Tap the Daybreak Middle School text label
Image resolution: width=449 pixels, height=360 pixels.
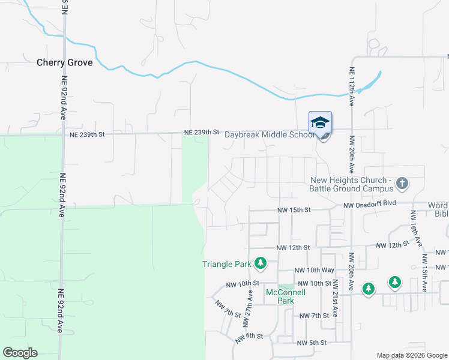269,134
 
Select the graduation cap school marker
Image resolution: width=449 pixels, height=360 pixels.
320,123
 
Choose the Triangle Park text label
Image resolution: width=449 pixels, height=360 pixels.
226,264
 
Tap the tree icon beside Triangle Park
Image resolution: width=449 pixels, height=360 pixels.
261,263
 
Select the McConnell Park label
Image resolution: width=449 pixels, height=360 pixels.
286,296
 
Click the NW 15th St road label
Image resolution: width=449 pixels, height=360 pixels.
293,210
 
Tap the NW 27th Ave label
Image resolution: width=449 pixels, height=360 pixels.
247,308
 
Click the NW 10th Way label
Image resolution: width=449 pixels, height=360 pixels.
315,271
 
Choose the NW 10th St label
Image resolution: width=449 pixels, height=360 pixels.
243,283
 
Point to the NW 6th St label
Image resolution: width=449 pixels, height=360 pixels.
249,337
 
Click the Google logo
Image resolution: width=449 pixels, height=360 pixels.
20,353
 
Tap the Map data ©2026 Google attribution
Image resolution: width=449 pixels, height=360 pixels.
411,355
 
